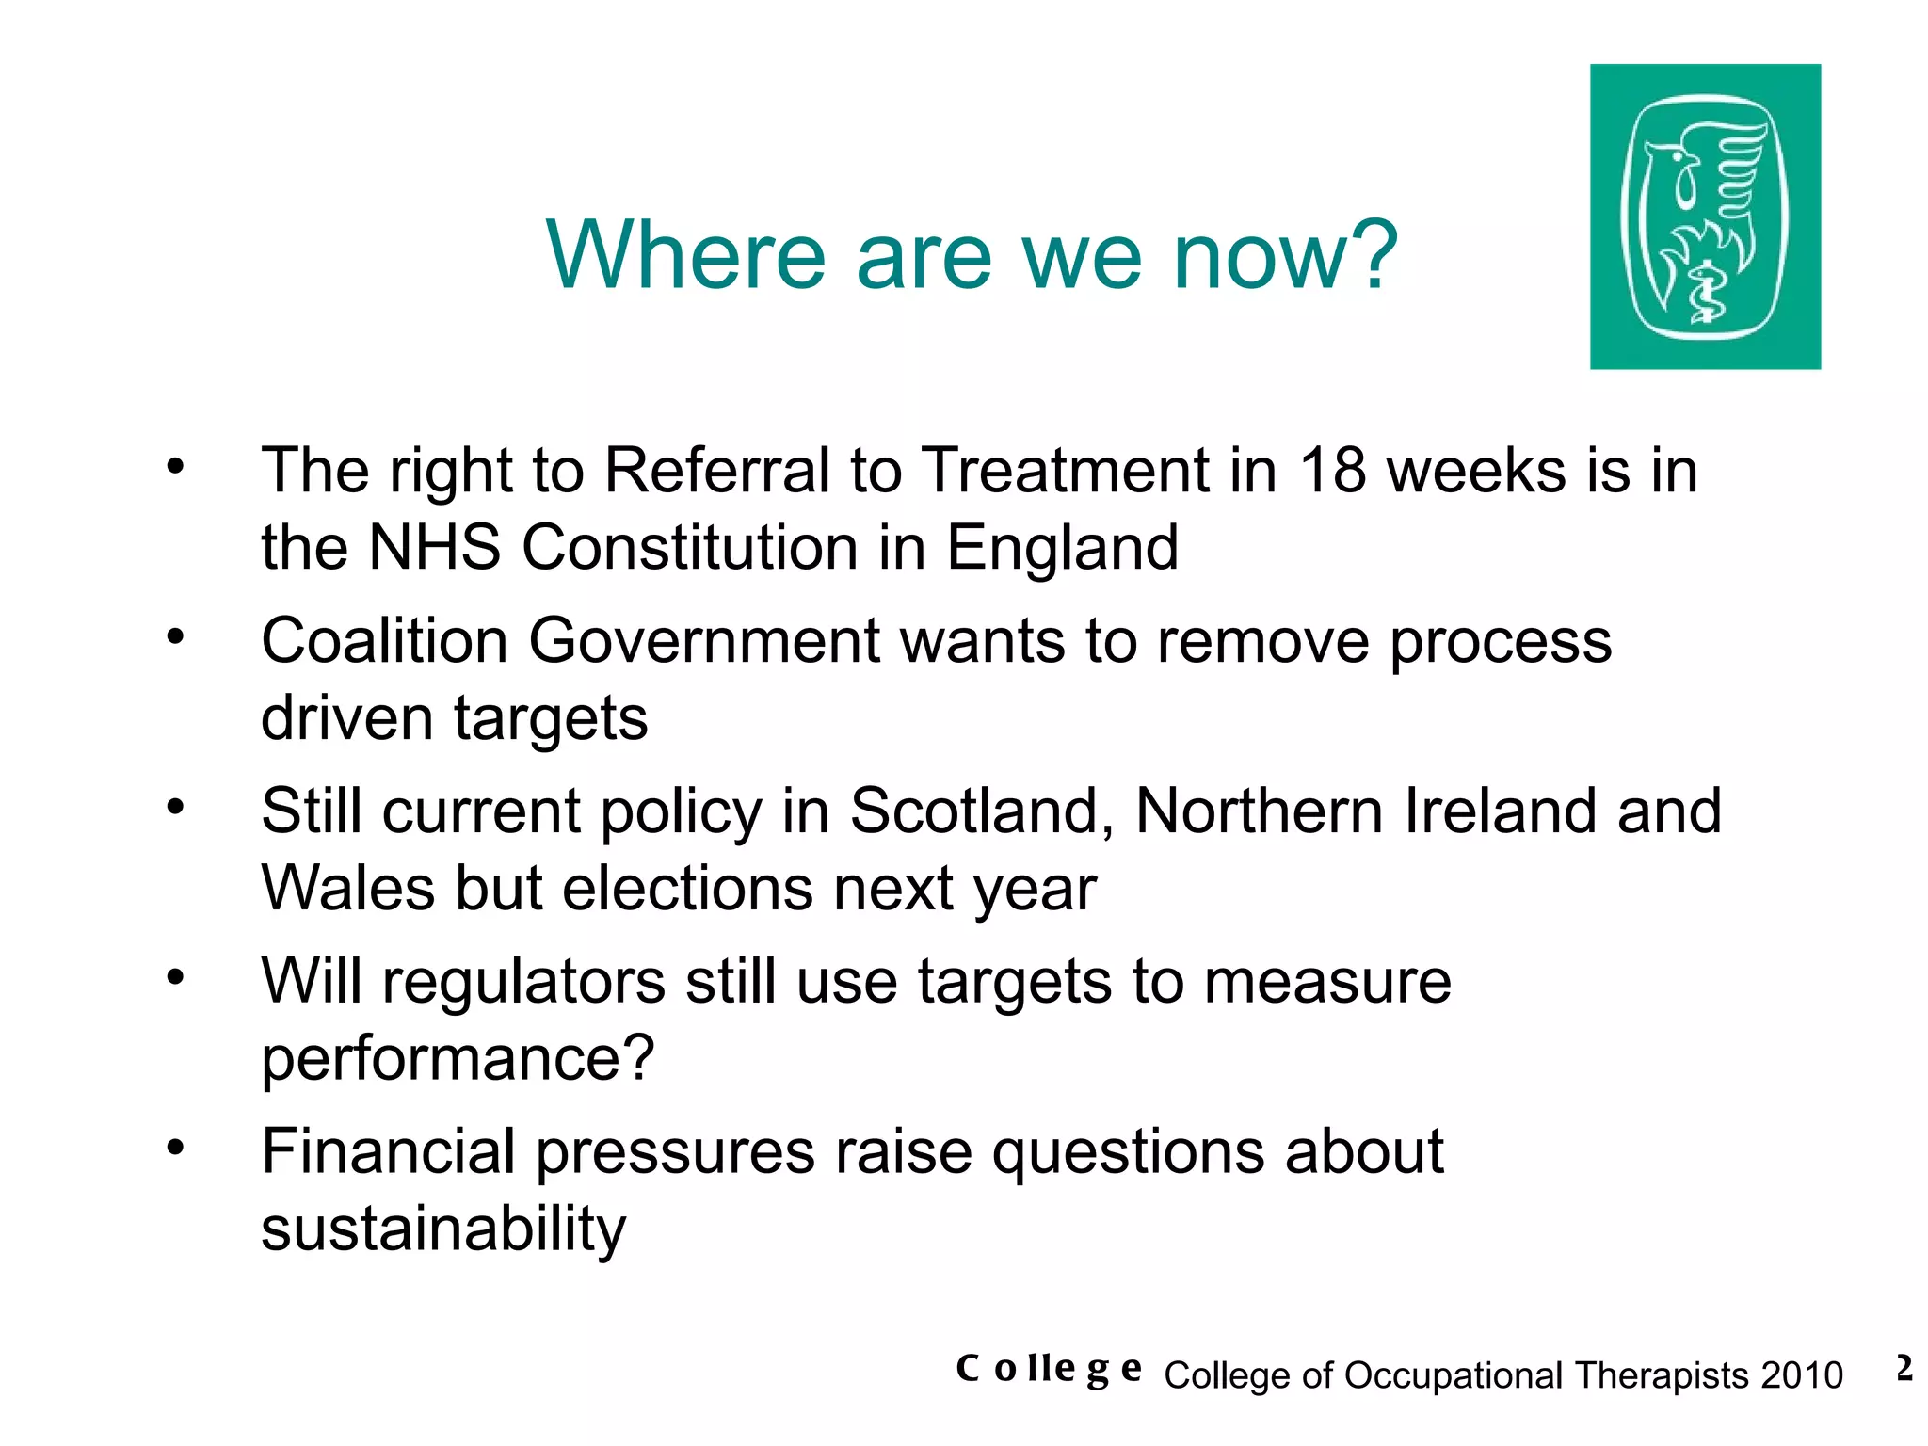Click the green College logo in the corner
[x=1705, y=217]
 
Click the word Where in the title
[x=685, y=255]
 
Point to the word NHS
[x=434, y=547]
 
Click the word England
[x=1062, y=549]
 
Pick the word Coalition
[x=384, y=641]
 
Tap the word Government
[x=704, y=641]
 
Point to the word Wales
[x=348, y=888]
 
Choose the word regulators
[x=523, y=982]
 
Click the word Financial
[x=389, y=1151]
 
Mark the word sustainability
[x=443, y=1229]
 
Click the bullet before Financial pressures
[x=175, y=1148]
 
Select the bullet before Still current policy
[x=175, y=807]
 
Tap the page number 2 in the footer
[x=1904, y=1368]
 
